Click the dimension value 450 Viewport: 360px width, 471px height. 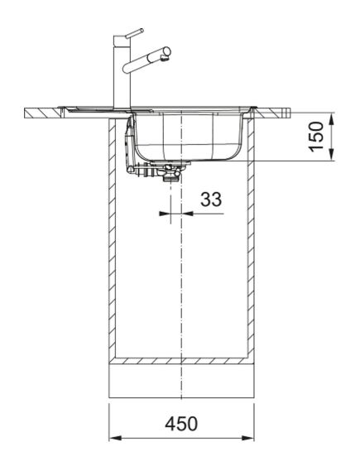[x=181, y=423]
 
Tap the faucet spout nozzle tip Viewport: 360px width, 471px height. [x=167, y=54]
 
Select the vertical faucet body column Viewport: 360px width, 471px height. [x=119, y=74]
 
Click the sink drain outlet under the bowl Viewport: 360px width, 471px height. [x=171, y=175]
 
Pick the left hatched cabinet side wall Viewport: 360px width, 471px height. [x=113, y=240]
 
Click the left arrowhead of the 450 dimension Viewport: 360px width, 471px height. [x=115, y=438]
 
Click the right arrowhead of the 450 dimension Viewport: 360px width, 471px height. [x=247, y=438]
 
